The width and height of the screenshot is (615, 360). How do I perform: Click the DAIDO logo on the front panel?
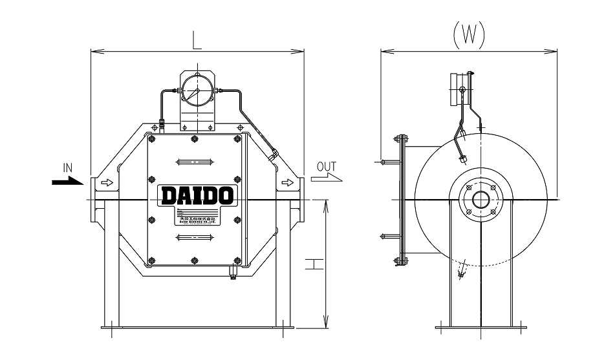197,195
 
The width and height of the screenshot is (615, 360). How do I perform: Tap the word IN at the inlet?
67,169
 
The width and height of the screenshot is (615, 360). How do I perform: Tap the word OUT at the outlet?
327,167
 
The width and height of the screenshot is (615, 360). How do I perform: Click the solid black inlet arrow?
67,182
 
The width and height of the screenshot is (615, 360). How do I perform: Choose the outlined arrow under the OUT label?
326,177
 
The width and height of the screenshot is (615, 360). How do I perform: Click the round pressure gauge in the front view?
197,91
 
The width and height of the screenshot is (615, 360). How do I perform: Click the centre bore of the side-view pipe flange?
480,199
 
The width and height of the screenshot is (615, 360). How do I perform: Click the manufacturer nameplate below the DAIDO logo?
198,217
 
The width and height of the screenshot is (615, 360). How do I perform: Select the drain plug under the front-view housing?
232,276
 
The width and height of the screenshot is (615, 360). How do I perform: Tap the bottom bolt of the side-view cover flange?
400,261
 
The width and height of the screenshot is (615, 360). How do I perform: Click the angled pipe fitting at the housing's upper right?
275,154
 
